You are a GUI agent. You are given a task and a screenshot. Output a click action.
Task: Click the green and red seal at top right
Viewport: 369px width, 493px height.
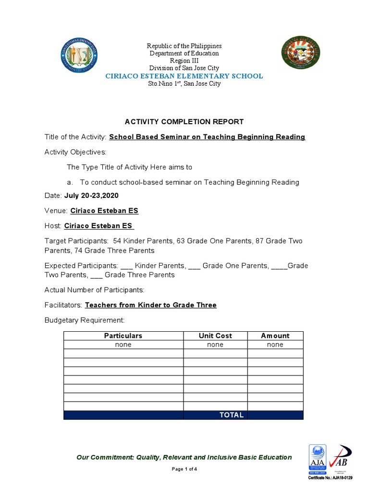pos(300,54)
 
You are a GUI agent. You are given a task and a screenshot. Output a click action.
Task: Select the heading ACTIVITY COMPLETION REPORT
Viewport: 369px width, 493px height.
pos(184,122)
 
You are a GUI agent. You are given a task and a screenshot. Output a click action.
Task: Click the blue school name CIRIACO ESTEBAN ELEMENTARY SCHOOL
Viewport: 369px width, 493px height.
pos(184,76)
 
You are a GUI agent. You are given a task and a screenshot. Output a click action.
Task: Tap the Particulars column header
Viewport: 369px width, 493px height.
pos(123,336)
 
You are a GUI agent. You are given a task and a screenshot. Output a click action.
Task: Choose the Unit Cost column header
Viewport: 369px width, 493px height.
pos(215,336)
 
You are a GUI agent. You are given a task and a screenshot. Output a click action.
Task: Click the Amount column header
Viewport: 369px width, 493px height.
pos(275,336)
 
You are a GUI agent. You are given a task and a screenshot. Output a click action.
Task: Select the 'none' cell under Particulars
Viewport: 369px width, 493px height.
pos(123,345)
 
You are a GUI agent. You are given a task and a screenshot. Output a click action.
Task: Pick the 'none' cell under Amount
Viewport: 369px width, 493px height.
pos(275,345)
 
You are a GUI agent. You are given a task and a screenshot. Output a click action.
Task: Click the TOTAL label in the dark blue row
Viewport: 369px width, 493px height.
pos(232,415)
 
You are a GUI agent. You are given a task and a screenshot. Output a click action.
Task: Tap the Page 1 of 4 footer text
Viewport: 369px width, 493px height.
pos(184,469)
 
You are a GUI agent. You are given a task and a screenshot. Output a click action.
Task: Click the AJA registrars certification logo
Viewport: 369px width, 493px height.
pos(317,459)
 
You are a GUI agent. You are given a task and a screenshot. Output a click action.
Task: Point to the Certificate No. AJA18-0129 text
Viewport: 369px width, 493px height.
pos(330,478)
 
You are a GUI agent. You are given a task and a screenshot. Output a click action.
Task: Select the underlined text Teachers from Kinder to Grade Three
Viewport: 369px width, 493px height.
pos(150,305)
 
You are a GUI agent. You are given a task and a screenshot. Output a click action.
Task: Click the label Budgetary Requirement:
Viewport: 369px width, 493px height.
pos(85,320)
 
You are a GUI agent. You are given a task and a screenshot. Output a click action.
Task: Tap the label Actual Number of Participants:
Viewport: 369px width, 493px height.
pos(94,290)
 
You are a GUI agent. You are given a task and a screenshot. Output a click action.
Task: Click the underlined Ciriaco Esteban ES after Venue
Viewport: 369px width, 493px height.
pos(104,211)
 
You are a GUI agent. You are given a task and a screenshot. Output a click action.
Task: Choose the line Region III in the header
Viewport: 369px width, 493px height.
pos(184,61)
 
